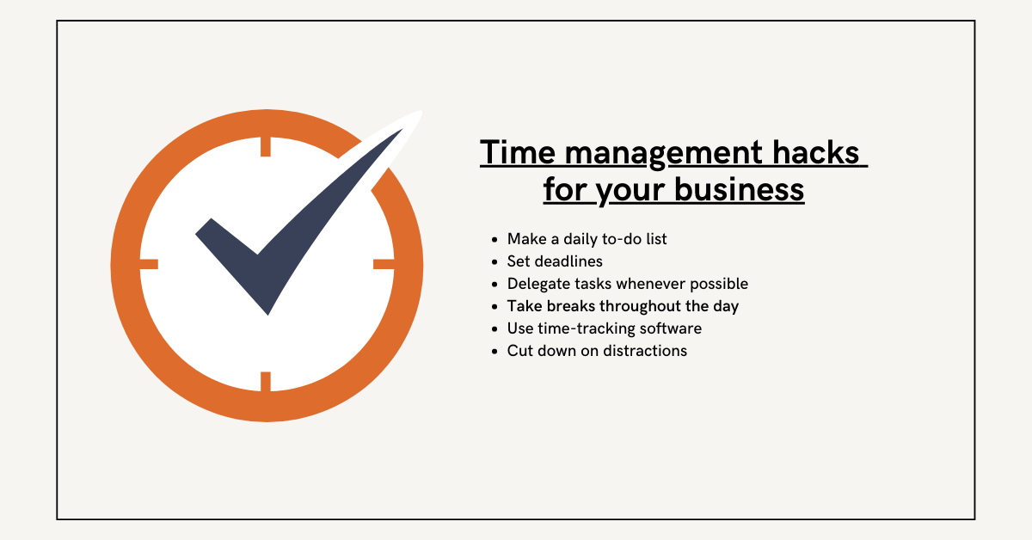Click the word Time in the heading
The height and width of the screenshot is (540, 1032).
click(514, 153)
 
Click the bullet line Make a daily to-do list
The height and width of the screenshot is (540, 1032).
click(587, 239)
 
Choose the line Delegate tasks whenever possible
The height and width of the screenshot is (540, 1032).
click(628, 284)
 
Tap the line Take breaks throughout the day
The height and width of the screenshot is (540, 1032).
click(623, 306)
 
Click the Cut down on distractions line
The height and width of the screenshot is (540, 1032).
click(597, 351)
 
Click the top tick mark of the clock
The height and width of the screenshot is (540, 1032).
click(266, 146)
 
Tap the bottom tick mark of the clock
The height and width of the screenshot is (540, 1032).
click(266, 381)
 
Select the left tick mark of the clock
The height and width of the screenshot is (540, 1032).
click(149, 264)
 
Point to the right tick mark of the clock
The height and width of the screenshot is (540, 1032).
click(384, 264)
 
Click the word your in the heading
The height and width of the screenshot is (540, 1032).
click(630, 189)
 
